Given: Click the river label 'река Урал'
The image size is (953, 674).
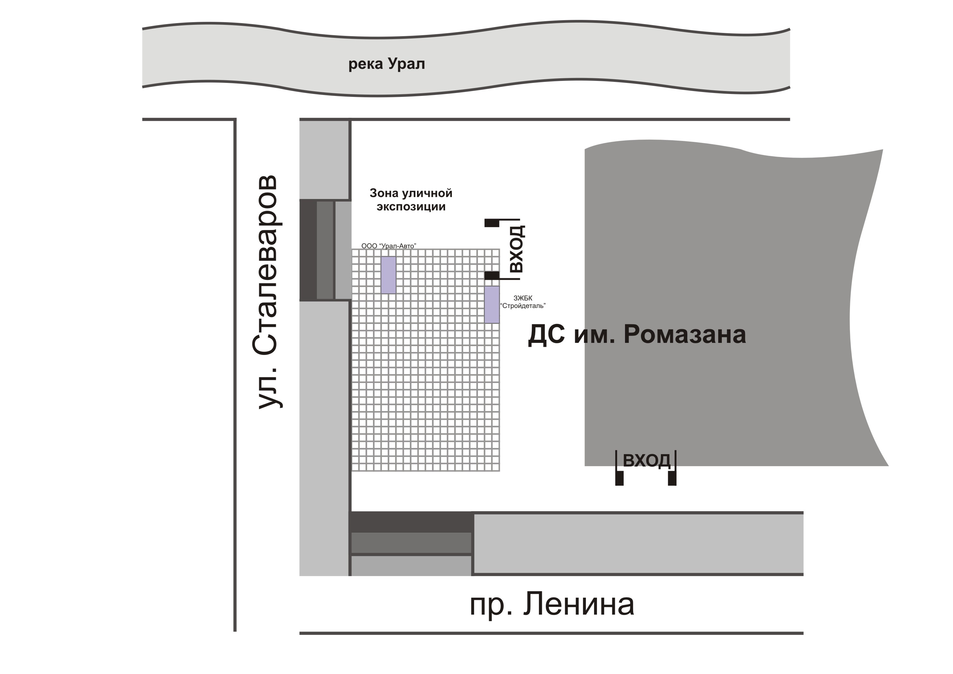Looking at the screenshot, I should click(386, 64).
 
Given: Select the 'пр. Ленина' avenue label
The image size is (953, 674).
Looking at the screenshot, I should click(552, 605).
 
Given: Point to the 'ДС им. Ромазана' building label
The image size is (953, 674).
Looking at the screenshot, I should click(637, 335).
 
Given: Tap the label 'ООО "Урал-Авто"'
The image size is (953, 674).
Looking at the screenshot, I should click(389, 246).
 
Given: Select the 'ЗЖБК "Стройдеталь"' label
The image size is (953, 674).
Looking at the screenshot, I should click(523, 302).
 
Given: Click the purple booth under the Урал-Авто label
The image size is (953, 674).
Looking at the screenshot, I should click(389, 275).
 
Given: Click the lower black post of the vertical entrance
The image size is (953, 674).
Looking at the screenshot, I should click(492, 275).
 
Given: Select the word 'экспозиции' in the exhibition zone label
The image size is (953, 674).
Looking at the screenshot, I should click(411, 207).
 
